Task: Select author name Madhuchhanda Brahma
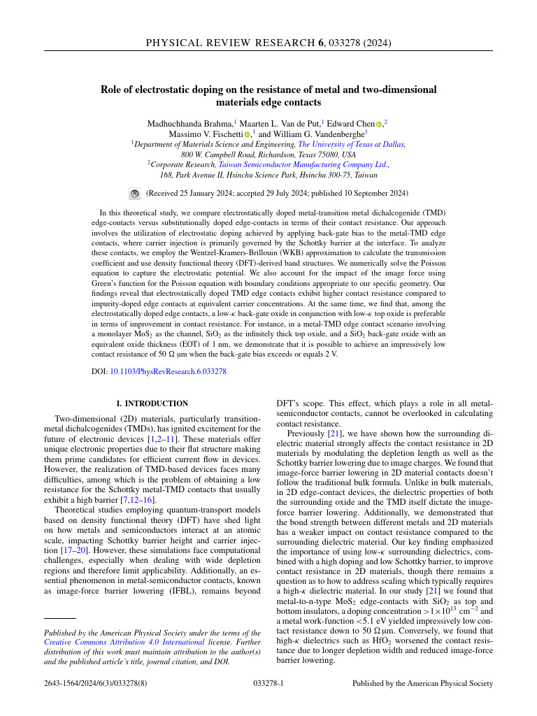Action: pos(189,123)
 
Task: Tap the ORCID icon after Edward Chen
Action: pos(379,124)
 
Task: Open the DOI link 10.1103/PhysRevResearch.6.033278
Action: pos(168,371)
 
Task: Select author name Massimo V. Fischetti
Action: pos(206,134)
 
